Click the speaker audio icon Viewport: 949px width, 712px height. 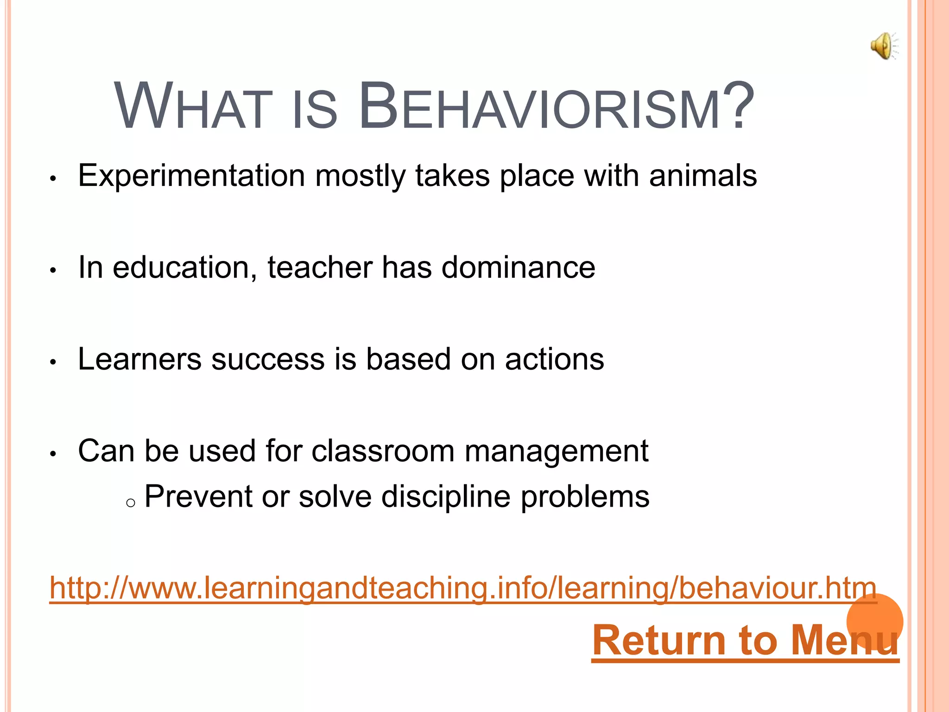[x=883, y=46]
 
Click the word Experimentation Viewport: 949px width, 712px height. [x=191, y=176]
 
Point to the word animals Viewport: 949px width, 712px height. [x=702, y=176]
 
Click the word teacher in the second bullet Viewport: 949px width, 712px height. [x=320, y=267]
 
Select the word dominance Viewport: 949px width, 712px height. [x=518, y=267]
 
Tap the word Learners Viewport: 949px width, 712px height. [x=139, y=359]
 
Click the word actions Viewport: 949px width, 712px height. [x=554, y=359]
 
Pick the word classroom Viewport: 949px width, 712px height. [x=383, y=451]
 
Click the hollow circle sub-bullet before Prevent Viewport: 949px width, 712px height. [x=131, y=503]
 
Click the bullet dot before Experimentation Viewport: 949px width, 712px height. [x=53, y=179]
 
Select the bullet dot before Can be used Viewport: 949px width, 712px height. [x=53, y=454]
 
